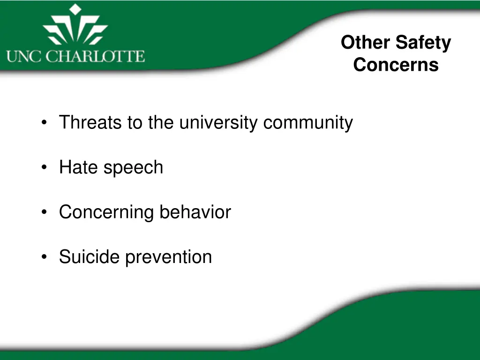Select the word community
[308, 123]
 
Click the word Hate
[79, 167]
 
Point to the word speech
[133, 168]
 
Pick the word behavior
[195, 212]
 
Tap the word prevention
[169, 257]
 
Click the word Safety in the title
[420, 43]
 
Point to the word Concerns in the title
[396, 65]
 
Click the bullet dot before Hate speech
[44, 167]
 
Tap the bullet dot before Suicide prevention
[44, 256]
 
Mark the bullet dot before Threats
[44, 122]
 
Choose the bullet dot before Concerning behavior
[44, 212]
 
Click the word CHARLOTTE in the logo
[95, 57]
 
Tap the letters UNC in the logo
[23, 57]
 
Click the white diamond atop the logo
[75, 9]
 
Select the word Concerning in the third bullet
[106, 212]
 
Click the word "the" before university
[161, 122]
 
